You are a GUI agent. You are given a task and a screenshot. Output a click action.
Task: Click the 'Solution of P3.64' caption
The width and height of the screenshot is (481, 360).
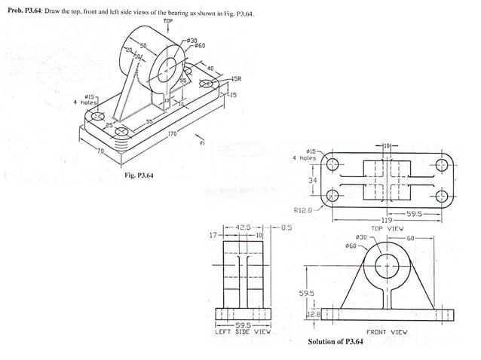[x=335, y=342]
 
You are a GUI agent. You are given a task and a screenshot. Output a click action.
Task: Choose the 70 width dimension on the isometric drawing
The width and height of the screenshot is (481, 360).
[x=99, y=151]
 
